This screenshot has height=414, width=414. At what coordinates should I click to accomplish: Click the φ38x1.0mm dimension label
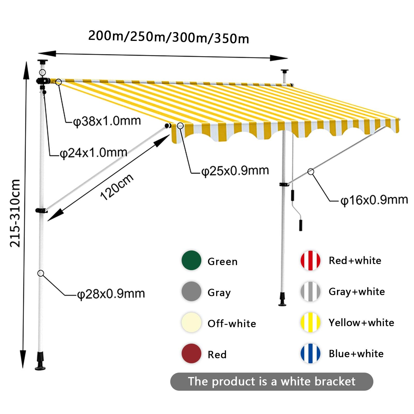click(107, 121)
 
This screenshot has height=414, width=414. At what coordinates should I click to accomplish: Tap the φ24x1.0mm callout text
click(93, 153)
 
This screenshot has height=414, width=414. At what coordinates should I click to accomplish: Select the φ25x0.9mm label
click(235, 171)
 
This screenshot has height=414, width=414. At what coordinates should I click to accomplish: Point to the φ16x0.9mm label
click(374, 200)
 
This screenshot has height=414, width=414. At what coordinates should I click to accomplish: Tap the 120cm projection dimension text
click(117, 187)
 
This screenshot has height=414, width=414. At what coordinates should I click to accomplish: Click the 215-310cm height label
click(15, 213)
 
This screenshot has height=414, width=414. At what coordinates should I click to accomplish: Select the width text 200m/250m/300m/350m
click(169, 37)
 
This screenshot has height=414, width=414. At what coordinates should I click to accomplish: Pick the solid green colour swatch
click(191, 260)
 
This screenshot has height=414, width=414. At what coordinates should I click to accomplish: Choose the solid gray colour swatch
click(191, 291)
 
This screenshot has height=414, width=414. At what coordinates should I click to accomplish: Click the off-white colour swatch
click(191, 322)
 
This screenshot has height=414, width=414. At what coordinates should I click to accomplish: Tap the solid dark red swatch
click(191, 353)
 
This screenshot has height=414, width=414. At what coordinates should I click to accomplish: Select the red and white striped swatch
click(310, 260)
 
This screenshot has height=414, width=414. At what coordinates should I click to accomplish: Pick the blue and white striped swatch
click(310, 353)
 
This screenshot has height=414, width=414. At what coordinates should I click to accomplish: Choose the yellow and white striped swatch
click(310, 322)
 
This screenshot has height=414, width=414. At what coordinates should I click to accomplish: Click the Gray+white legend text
click(357, 292)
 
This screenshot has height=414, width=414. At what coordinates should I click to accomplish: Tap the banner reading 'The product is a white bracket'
click(272, 382)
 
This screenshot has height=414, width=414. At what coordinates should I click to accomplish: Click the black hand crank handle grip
click(300, 225)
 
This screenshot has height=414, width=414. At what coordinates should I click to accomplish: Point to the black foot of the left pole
click(40, 361)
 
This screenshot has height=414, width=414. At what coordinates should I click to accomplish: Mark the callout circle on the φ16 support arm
click(311, 172)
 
